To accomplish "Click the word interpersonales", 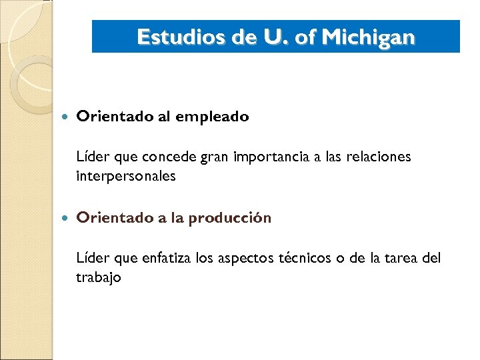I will coord(125,176).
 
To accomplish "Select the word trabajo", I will coord(98,277).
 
